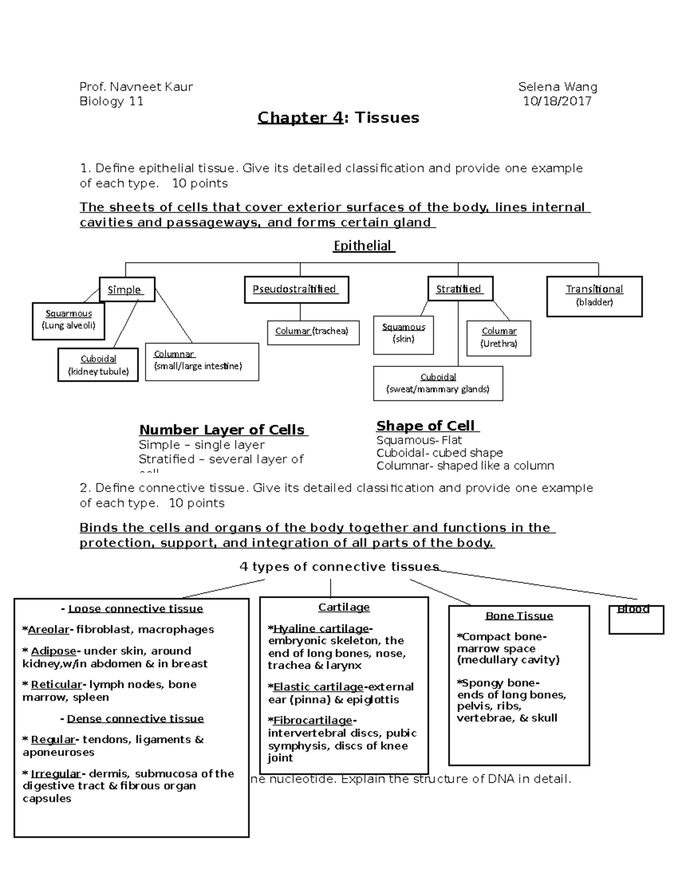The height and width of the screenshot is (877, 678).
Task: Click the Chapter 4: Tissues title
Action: pos(338,117)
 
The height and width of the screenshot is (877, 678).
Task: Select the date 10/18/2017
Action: pos(557,101)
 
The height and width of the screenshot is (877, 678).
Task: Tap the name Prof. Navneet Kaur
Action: pos(136,86)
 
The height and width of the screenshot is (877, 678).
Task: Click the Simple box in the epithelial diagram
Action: pos(127,290)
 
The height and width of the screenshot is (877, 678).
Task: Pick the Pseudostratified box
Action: pos(296,290)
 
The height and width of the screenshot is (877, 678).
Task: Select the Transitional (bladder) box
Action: pos(594,295)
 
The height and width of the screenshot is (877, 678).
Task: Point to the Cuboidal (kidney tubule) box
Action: pos(98,365)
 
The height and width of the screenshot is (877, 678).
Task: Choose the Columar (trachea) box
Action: pos(312,331)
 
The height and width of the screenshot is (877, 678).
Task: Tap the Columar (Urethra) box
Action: pos(498,338)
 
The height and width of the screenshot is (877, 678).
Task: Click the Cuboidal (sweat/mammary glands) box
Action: pos(438,383)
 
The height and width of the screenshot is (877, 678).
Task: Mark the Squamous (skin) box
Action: pos(403,334)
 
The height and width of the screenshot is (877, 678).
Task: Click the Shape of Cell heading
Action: pos(427,426)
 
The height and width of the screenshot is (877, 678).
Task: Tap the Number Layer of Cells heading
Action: pos(223,430)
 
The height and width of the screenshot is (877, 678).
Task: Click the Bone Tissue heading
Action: pos(519,616)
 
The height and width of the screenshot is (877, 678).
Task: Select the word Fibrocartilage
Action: pos(312,721)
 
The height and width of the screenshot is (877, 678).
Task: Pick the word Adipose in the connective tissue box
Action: pos(53,651)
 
